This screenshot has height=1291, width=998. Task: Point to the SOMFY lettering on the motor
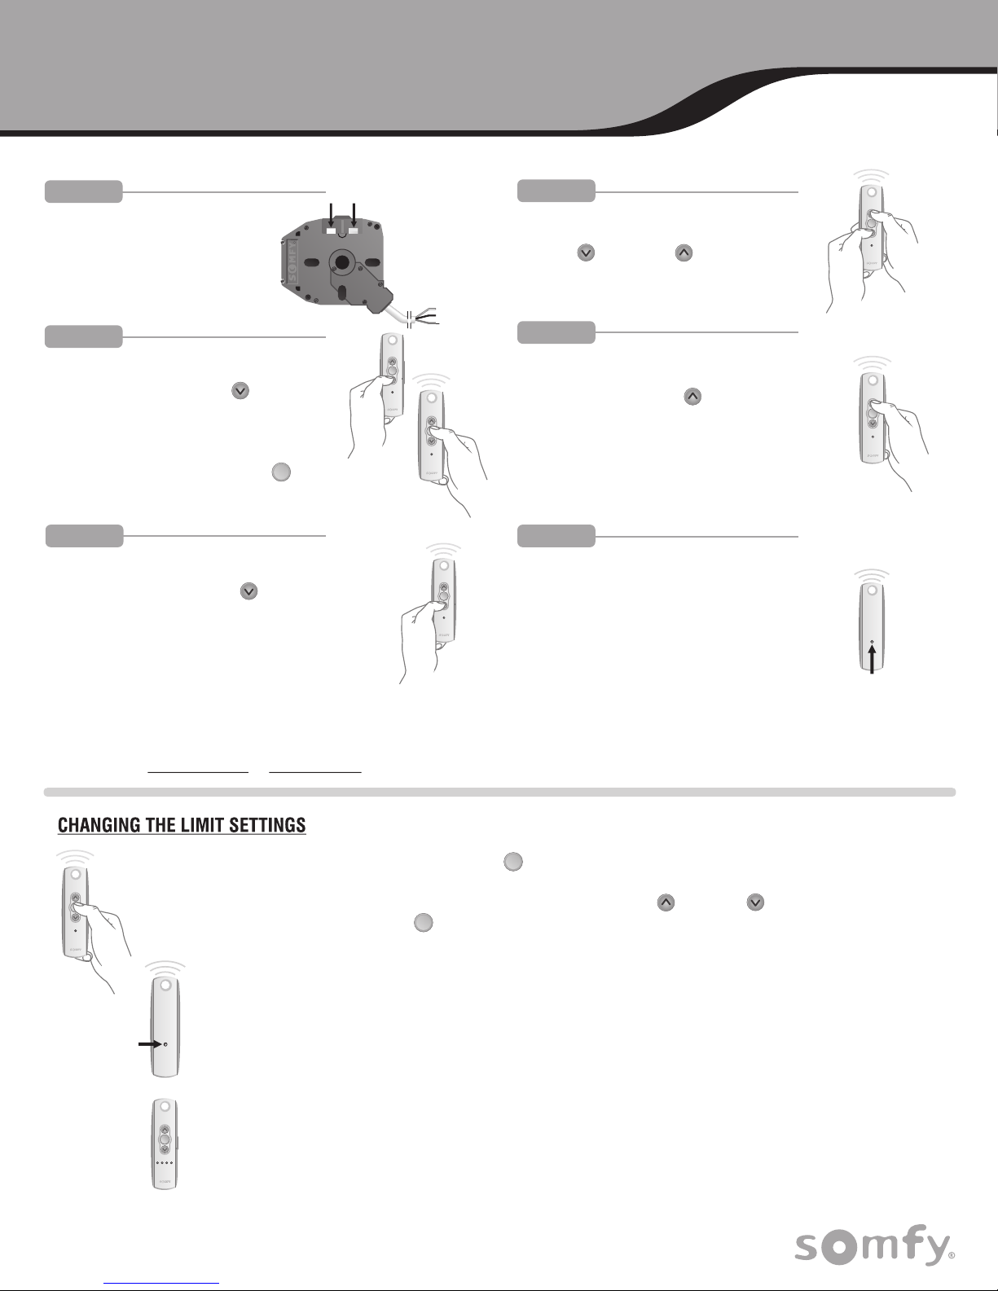pyautogui.click(x=292, y=260)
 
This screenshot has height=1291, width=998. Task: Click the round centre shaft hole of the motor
pyautogui.click(x=341, y=262)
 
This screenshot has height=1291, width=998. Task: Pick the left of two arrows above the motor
pyautogui.click(x=331, y=214)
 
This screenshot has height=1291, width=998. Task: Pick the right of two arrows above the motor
pyautogui.click(x=354, y=214)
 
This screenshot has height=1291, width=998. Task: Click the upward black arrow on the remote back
pyautogui.click(x=872, y=660)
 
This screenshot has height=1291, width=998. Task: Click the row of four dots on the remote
pyautogui.click(x=165, y=1162)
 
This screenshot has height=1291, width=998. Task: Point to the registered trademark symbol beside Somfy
pyautogui.click(x=952, y=1255)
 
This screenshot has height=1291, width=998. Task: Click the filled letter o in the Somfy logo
pyautogui.click(x=838, y=1248)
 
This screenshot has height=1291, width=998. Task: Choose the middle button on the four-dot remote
pyautogui.click(x=165, y=1140)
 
